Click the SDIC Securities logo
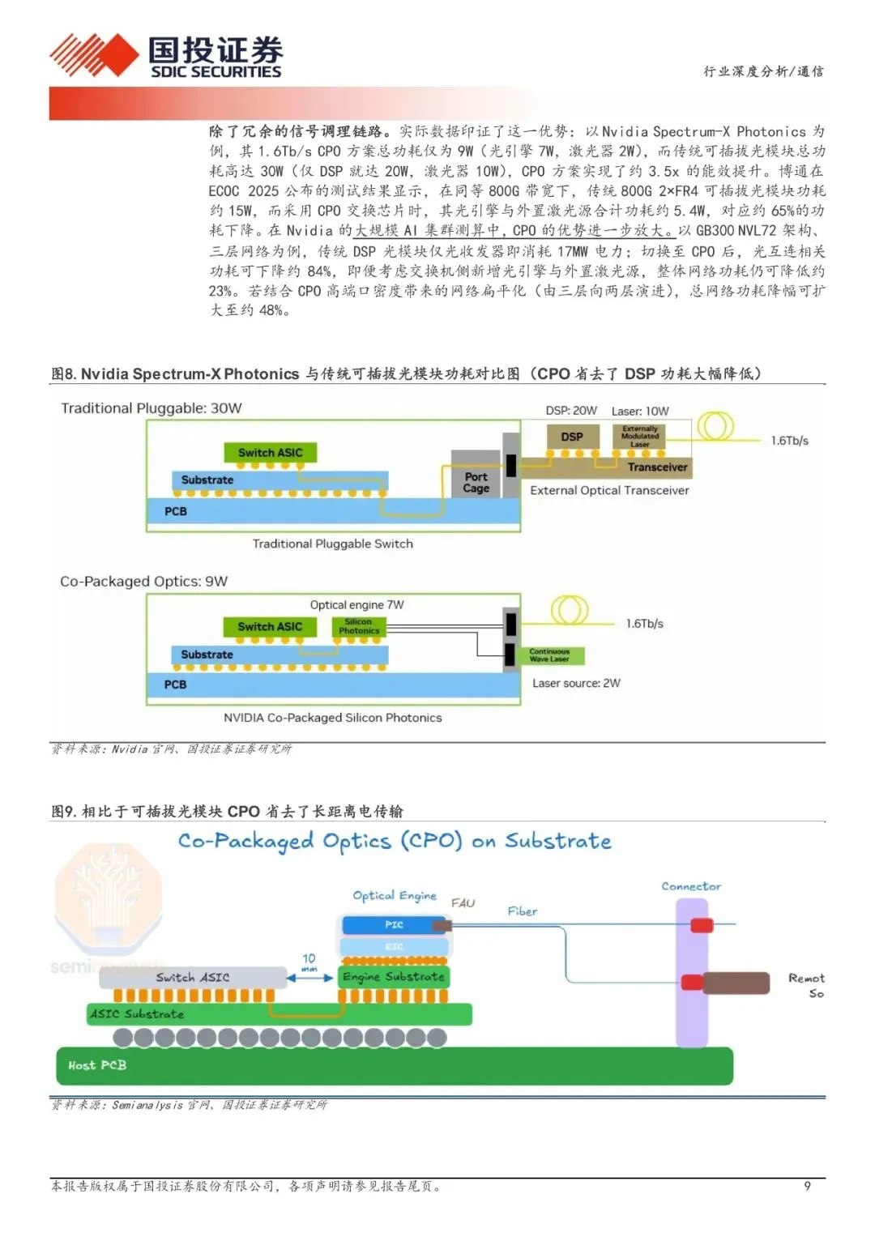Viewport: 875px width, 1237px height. [x=166, y=57]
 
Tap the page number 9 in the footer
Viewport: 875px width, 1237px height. [x=806, y=1186]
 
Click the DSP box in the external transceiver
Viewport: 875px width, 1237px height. [x=571, y=437]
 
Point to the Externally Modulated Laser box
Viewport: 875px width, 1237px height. [x=640, y=437]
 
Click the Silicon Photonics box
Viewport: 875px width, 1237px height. [x=358, y=626]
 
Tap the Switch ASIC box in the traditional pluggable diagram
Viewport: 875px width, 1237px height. [x=270, y=453]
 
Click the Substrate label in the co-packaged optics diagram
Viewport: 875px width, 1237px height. [x=207, y=655]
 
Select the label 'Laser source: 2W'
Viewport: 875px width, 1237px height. [x=576, y=683]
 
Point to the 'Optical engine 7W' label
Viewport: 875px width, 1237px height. [x=356, y=604]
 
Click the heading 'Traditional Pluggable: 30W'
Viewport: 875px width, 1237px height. [x=152, y=408]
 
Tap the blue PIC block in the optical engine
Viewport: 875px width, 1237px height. [x=394, y=924]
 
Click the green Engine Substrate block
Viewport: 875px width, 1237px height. [x=393, y=977]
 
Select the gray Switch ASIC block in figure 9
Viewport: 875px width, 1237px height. [x=193, y=977]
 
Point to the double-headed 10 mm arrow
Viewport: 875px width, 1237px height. [x=309, y=978]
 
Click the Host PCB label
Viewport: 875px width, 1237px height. [x=97, y=1065]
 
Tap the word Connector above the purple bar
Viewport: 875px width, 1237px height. [x=690, y=886]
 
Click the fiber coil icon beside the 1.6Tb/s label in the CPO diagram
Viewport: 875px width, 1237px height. [x=570, y=611]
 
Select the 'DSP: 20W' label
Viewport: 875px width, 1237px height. [x=570, y=411]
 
